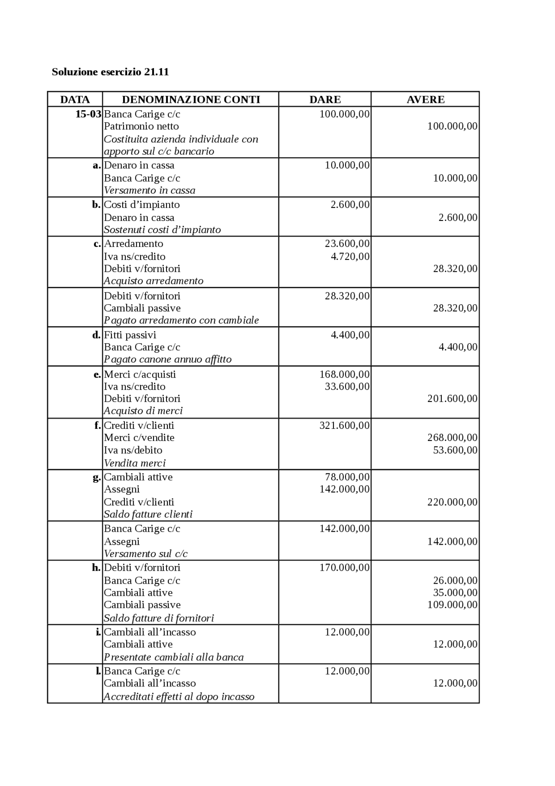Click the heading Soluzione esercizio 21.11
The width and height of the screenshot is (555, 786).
110,72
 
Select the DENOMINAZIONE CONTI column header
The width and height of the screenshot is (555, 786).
191,99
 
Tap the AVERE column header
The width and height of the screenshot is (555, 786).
425,99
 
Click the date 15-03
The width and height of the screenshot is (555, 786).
88,114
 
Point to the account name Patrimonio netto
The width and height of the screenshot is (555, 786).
141,126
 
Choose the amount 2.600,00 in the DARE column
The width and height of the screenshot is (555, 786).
350,204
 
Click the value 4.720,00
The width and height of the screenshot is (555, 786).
350,257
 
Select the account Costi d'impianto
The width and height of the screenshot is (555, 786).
142,204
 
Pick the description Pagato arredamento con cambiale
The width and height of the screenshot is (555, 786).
181,320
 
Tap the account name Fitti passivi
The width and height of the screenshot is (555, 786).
130,335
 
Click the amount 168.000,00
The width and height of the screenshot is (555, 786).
345,374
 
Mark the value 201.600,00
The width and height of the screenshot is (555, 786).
452,398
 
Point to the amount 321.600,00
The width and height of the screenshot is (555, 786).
345,425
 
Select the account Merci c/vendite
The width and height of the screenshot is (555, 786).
139,437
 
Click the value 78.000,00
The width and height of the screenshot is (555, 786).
347,477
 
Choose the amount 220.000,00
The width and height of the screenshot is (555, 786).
452,502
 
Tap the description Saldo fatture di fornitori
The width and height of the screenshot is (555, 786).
159,618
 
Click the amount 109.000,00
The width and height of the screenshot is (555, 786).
452,605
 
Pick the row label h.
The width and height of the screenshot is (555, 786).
96,568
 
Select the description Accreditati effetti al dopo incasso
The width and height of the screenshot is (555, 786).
179,697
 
